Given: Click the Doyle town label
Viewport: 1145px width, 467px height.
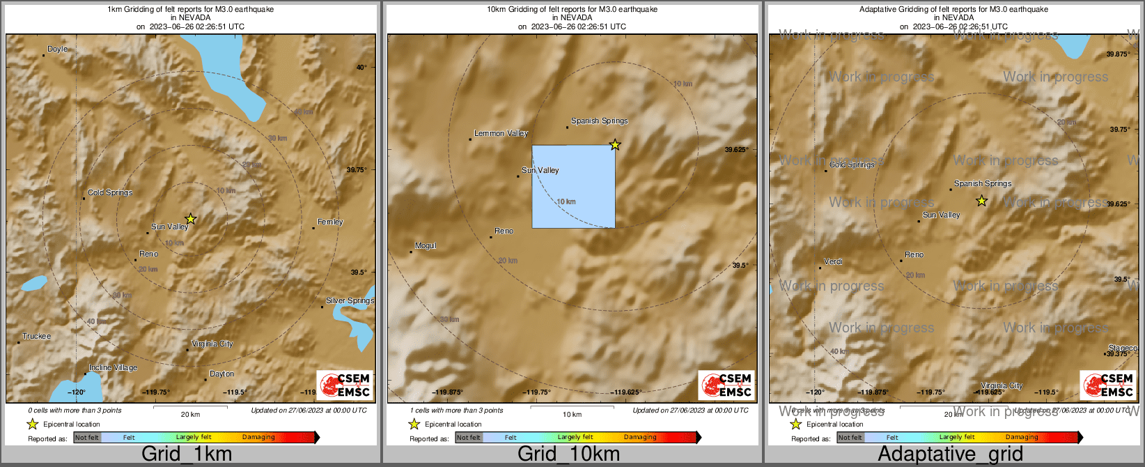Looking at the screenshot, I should pos(57,49).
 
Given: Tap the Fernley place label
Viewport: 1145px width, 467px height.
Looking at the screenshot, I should pos(330,222).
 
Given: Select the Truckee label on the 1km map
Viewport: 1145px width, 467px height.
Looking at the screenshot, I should pos(36,337).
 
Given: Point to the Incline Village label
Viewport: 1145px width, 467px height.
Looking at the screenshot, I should pos(113,368).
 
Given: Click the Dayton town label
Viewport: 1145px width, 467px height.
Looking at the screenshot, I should pos(221,374).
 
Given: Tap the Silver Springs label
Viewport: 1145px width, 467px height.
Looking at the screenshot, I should pos(350,301).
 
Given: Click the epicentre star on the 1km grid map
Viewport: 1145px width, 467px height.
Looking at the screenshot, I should pos(190,219).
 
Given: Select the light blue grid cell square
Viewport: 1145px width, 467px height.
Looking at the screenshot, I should pos(573,186).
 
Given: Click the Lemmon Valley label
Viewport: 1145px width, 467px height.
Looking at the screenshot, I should pos(501,134).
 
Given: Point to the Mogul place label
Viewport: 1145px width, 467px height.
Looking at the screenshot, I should pos(425,246).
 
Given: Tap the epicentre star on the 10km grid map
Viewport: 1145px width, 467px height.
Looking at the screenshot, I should pos(615,145).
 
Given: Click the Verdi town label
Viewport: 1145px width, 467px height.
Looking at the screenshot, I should pos(833,262).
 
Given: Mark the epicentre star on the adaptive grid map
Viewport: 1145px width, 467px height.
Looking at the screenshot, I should pos(981,201).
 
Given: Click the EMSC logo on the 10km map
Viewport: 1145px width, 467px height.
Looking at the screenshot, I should pos(726,385).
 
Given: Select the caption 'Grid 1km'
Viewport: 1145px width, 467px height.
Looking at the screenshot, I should pos(186,454).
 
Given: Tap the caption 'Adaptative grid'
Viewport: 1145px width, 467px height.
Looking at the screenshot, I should pos(950,454).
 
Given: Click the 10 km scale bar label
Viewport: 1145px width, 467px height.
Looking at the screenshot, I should pos(572,415).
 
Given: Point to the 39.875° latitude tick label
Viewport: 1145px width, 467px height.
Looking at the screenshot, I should pos(1118,54).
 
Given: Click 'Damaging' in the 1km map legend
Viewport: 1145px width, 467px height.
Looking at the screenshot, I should pos(258,438).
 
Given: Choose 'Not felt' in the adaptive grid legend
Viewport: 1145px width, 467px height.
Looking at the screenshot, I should pos(850,438).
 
